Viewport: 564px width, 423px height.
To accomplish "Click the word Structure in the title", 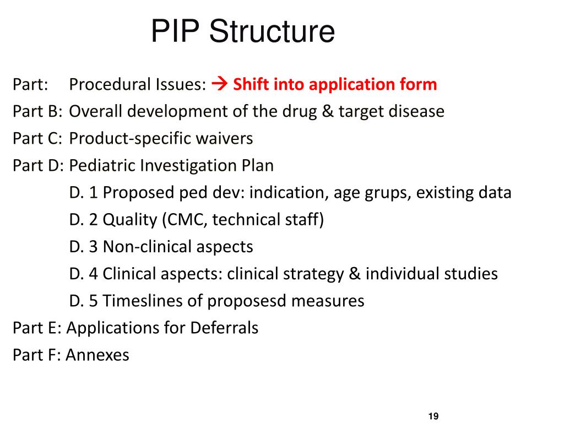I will [272, 31].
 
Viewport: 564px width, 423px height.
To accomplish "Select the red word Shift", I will [251, 84].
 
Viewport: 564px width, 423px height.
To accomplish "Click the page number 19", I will [432, 416].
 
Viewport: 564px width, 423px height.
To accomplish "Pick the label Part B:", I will [37, 111].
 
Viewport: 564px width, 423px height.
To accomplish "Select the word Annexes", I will [97, 355].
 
